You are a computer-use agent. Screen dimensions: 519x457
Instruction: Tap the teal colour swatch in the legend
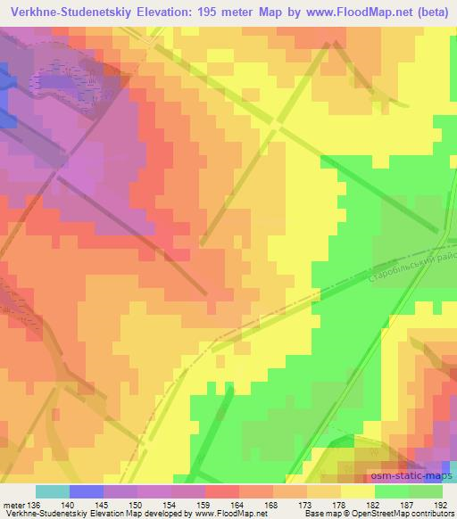[x=52, y=491]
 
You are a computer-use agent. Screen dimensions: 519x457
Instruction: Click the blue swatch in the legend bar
[x=86, y=491]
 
